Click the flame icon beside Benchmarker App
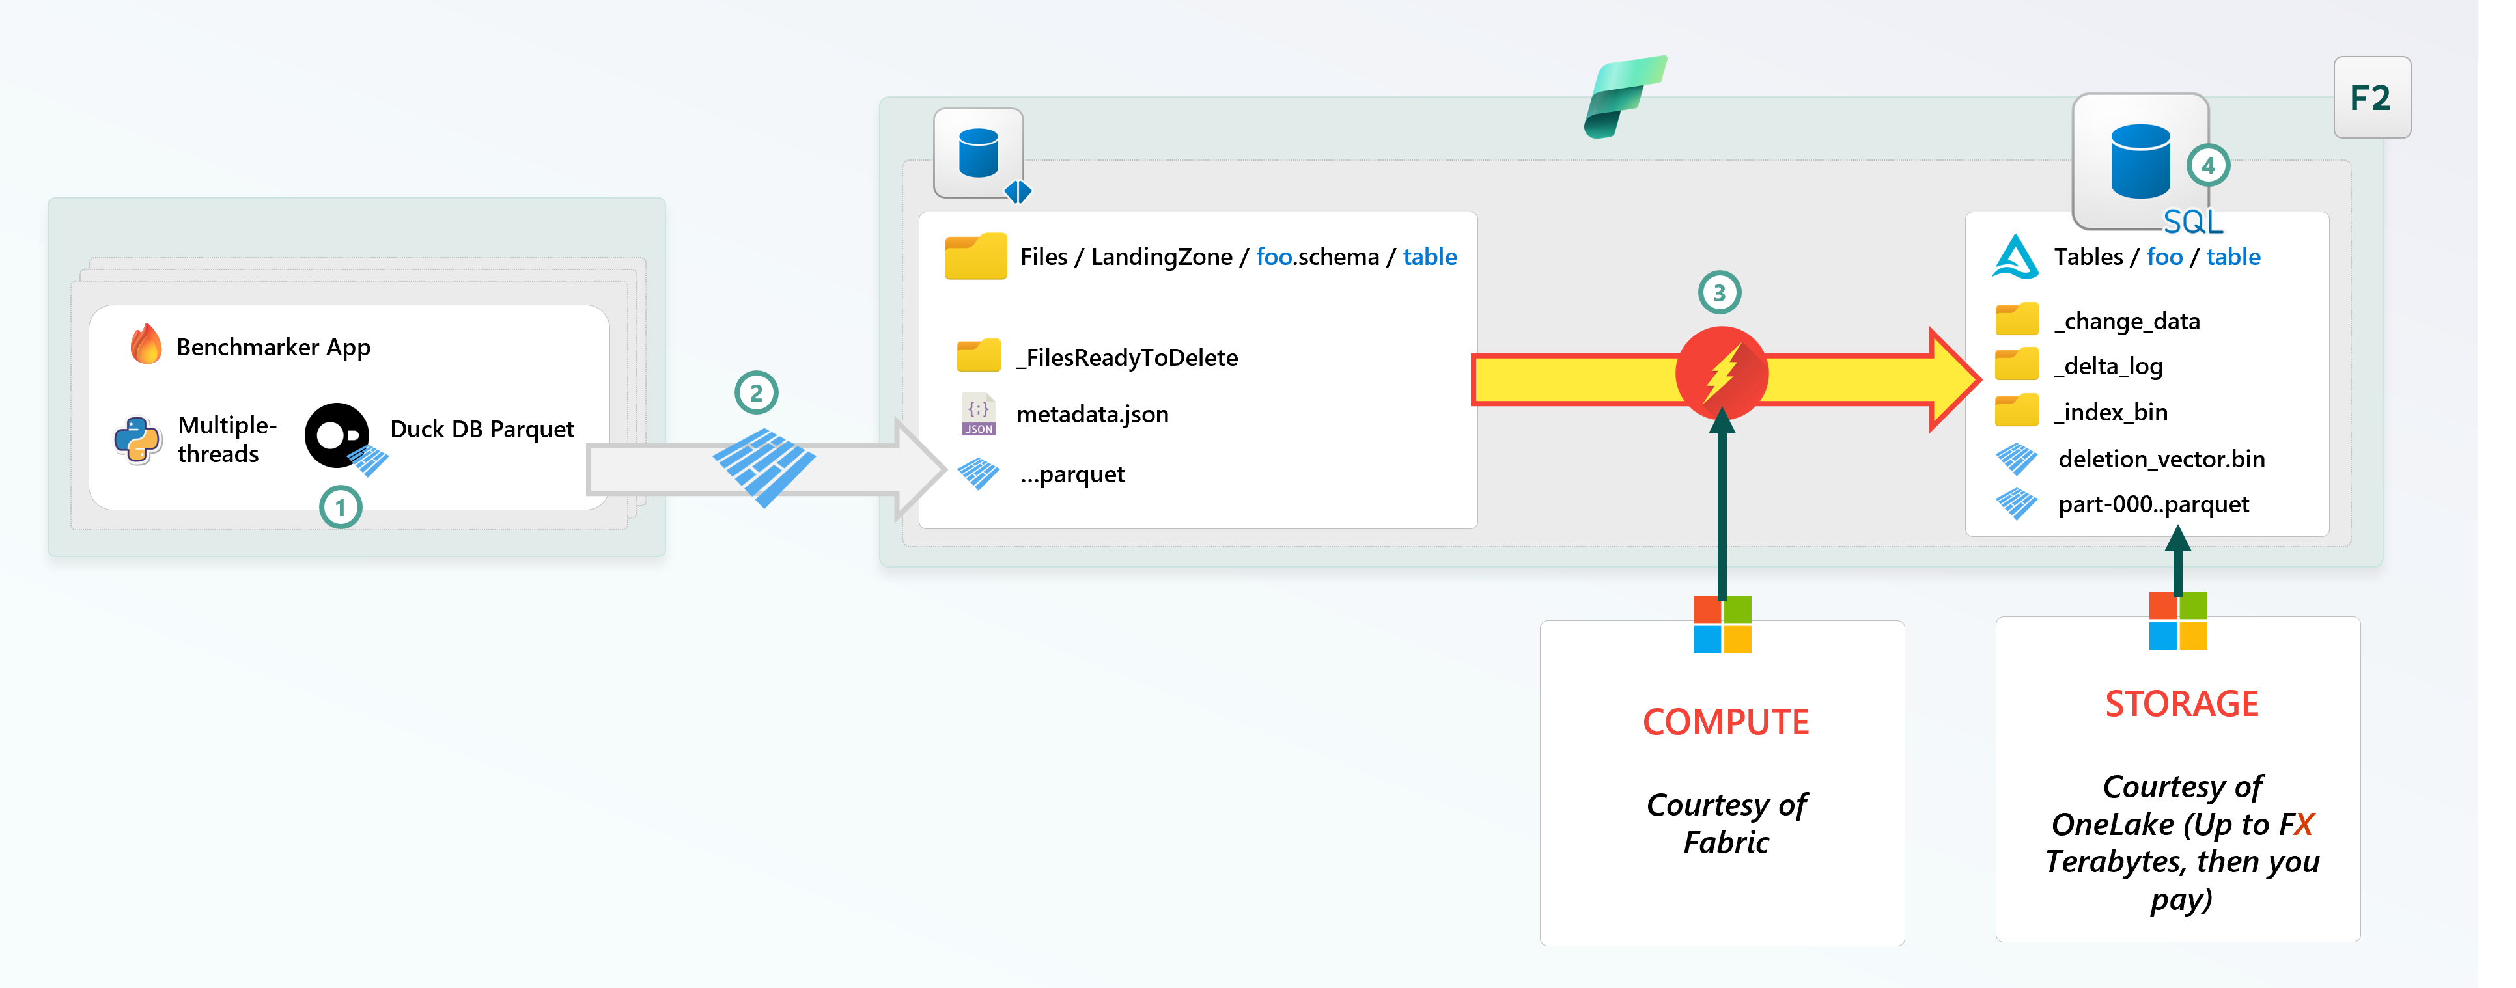pos(147,345)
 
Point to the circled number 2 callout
pos(756,393)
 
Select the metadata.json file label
pos(1092,415)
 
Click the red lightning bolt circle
pos(1721,373)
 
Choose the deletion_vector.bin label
pos(2160,459)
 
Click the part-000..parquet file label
pos(2153,505)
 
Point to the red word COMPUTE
pos(1725,721)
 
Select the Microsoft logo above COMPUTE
pos(1722,625)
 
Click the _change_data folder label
pos(2127,322)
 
